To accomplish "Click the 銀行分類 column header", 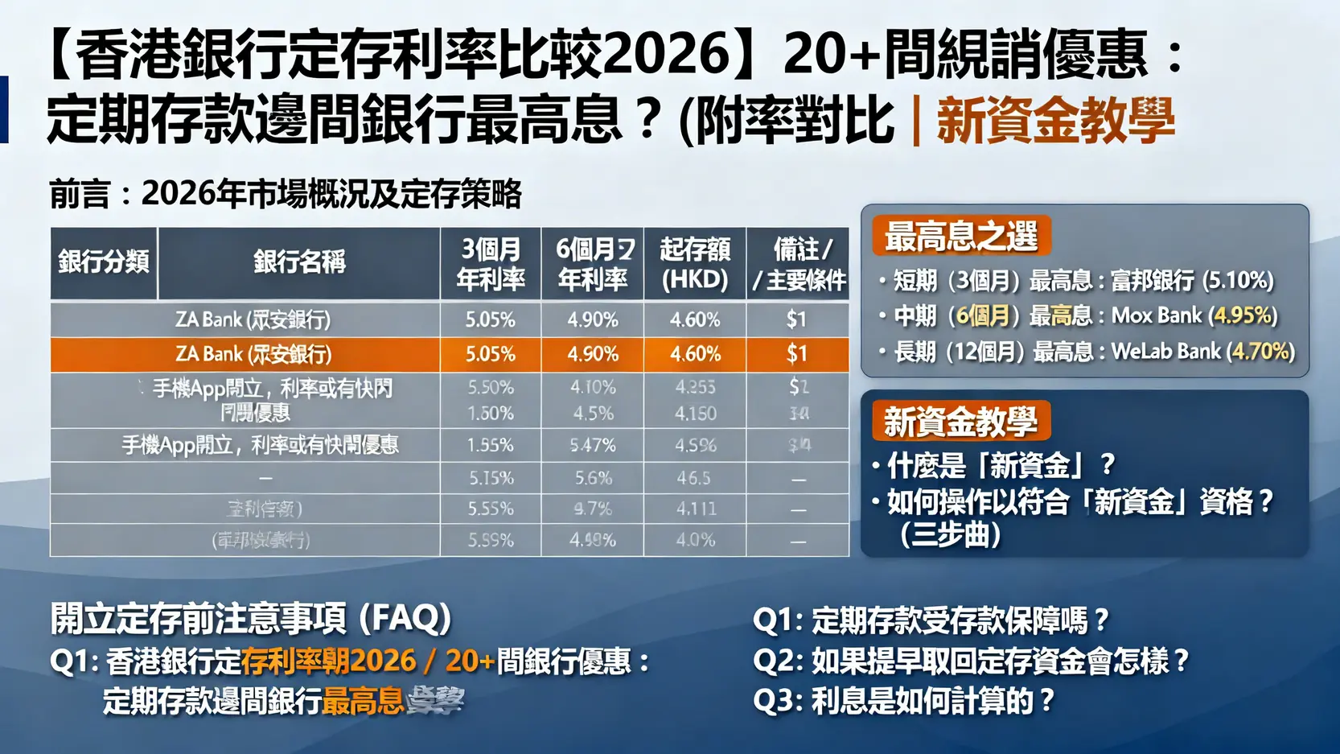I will (104, 262).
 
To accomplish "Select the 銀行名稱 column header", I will (299, 262).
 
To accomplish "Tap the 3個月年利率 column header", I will (491, 263).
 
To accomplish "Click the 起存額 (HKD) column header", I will (695, 263).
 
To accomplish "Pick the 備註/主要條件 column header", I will (798, 263).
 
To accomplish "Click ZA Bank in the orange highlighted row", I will (253, 354).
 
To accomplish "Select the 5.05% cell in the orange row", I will (491, 354).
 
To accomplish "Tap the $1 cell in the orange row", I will (797, 354).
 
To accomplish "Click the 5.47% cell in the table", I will (593, 445).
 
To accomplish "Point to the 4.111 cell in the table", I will (695, 509).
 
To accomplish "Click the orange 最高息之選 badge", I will (961, 236).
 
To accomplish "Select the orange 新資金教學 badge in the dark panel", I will (961, 421).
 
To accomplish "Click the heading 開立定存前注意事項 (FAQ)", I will (250, 618).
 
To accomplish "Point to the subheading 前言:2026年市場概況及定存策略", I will (286, 194).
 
